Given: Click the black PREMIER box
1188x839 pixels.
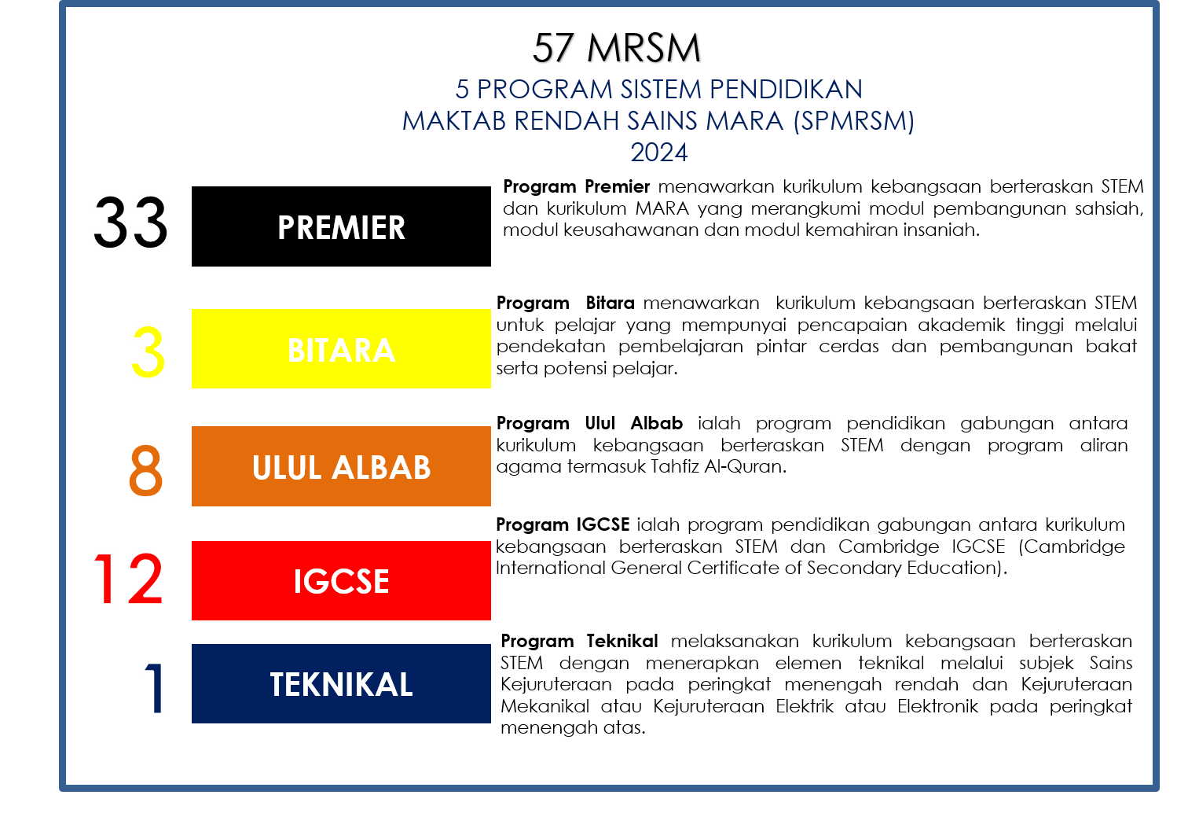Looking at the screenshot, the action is tap(341, 226).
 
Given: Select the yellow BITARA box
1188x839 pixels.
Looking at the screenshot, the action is tap(341, 348).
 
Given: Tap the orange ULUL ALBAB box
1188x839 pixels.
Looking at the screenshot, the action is tap(341, 466).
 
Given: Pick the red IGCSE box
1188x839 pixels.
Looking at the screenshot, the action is tap(341, 580).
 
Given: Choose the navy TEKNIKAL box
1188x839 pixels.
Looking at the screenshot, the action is tap(341, 683).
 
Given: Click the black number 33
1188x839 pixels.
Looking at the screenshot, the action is tap(130, 222).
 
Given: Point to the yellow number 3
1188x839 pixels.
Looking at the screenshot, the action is tap(148, 351).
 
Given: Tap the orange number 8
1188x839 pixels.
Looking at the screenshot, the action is tap(146, 470).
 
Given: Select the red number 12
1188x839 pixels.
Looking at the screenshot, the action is tap(128, 579).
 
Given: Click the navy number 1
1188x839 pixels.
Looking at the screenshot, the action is tap(154, 688).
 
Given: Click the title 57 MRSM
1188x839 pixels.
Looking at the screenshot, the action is tap(617, 48).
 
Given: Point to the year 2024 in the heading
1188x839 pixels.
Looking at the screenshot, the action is tap(658, 153).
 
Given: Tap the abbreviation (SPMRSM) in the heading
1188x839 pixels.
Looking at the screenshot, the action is tap(854, 122).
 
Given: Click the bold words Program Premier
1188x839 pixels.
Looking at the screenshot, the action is tap(577, 187).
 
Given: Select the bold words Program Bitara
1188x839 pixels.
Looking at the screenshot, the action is tap(566, 303).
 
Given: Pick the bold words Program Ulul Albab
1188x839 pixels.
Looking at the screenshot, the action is tap(589, 424).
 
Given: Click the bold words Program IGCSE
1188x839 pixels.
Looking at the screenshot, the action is tap(563, 524).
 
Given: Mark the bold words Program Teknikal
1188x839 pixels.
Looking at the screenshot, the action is tap(579, 641).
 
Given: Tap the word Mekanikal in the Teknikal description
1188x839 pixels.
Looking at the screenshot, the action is tap(544, 706).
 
